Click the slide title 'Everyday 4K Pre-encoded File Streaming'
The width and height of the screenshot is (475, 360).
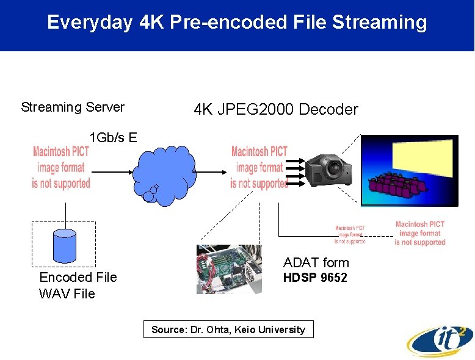[x=237, y=23]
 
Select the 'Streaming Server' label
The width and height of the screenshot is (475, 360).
[x=73, y=107]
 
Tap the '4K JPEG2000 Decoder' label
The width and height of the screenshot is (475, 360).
[x=275, y=110]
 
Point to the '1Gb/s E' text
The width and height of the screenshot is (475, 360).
[x=113, y=137]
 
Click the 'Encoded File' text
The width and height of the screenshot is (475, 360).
[x=78, y=277]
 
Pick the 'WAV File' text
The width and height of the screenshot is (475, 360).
[x=67, y=293]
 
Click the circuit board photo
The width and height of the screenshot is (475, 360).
[x=228, y=269]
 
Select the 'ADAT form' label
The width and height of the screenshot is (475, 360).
[x=316, y=263]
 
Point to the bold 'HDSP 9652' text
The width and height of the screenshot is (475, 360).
[x=315, y=278]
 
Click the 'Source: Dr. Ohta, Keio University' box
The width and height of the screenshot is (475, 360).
[x=228, y=329]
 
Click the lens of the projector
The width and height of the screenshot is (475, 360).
[x=334, y=168]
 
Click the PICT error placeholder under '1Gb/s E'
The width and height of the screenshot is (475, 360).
[x=61, y=167]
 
